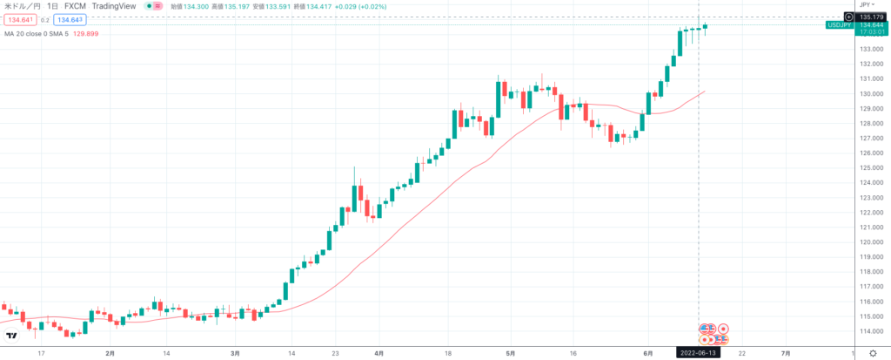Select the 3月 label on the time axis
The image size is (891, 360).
pyautogui.click(x=235, y=354)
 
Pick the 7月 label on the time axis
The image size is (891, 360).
pyautogui.click(x=786, y=354)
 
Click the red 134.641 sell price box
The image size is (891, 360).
pyautogui.click(x=21, y=19)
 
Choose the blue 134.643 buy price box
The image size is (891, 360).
pyautogui.click(x=68, y=19)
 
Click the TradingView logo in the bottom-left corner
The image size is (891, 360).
pyautogui.click(x=11, y=336)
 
